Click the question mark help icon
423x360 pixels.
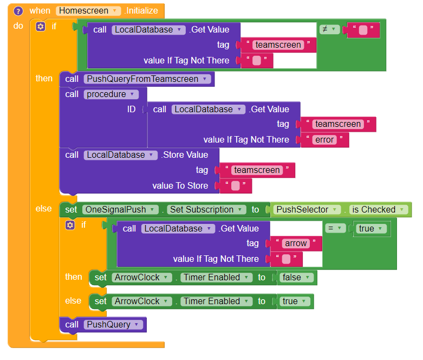(18, 11)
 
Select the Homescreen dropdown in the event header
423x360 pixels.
(89, 11)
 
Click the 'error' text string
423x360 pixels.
(325, 140)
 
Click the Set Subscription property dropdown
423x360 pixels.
(205, 210)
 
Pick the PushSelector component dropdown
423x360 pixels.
(306, 210)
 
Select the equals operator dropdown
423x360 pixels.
(335, 229)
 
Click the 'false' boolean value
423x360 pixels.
(295, 278)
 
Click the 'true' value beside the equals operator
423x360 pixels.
(370, 229)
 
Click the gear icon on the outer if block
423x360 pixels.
(41, 26)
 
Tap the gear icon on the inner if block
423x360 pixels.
(70, 224)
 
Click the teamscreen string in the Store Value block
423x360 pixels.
(257, 170)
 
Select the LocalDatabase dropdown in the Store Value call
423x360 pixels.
(121, 155)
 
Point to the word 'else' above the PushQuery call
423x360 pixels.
(74, 301)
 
